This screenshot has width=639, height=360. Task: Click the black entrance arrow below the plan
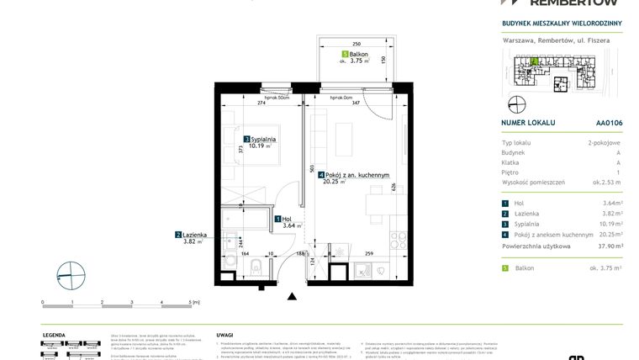pyautogui.click(x=292, y=296)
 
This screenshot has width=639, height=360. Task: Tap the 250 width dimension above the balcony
pyautogui.click(x=356, y=43)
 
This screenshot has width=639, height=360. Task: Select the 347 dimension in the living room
pyautogui.click(x=355, y=103)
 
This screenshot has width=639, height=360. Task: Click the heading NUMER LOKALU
pyautogui.click(x=528, y=122)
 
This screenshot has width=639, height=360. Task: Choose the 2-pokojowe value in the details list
pyautogui.click(x=605, y=144)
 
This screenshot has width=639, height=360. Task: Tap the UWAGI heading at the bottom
pyautogui.click(x=226, y=334)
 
